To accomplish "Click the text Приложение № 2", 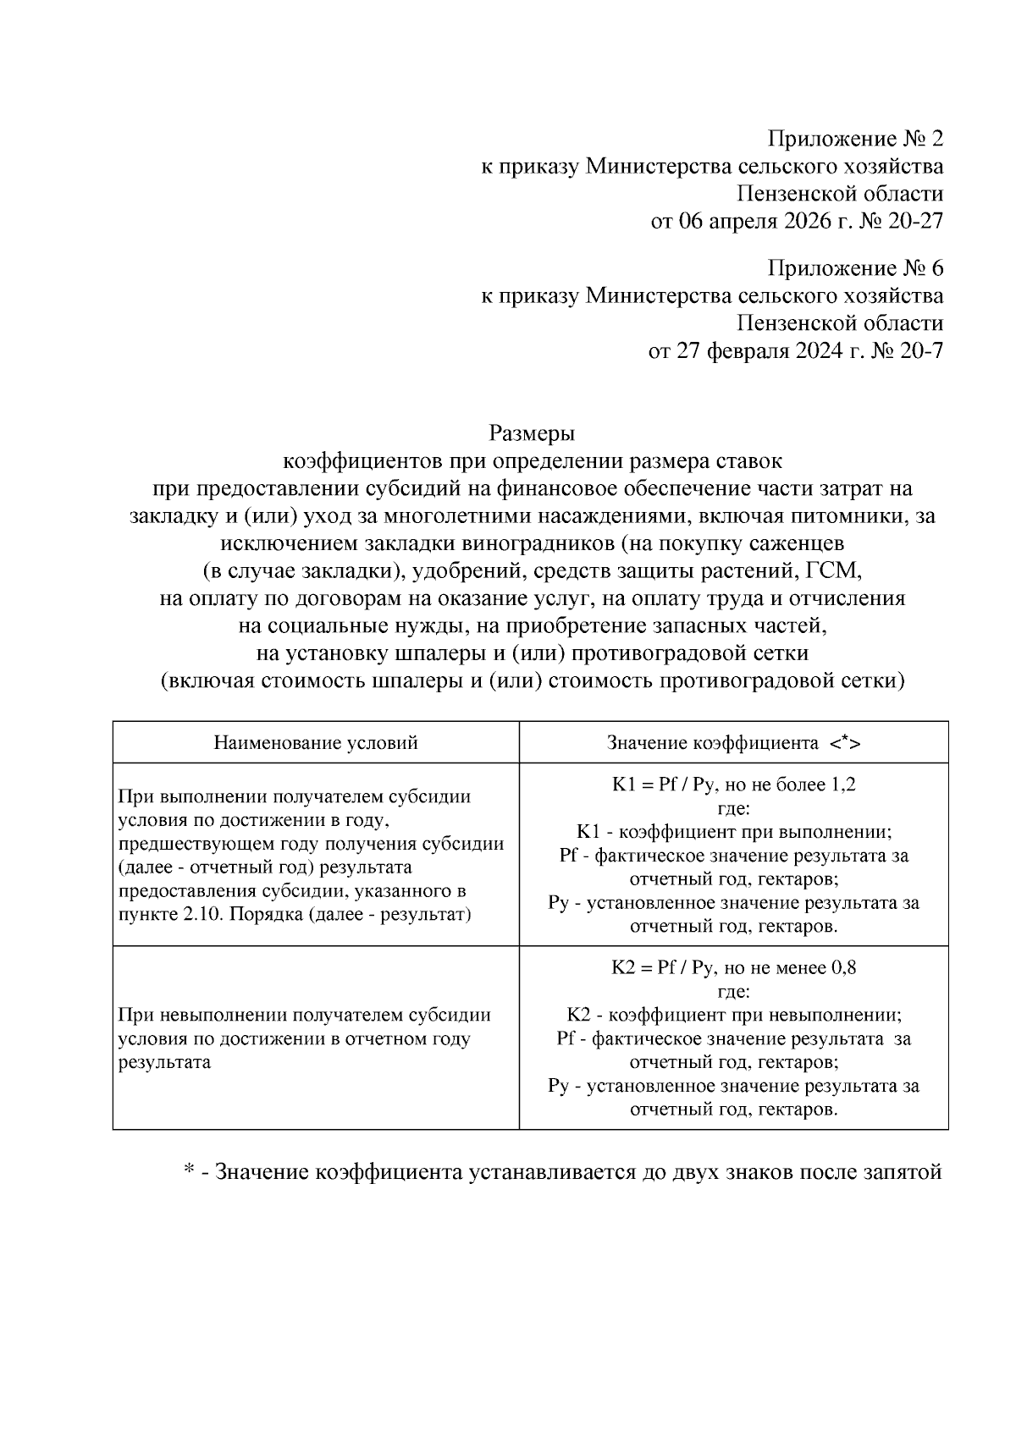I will [x=855, y=139].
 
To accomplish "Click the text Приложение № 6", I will [x=855, y=269].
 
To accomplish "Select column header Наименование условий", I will [x=316, y=743].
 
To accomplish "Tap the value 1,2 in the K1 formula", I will [x=843, y=785].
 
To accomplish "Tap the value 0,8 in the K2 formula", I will [x=843, y=967].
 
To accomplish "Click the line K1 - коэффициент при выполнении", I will [x=733, y=832].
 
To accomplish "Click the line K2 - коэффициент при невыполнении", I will [x=733, y=1015].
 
